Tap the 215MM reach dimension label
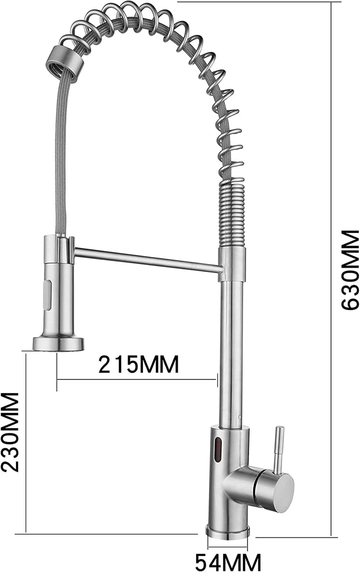tap(138, 364)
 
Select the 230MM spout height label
tap(10, 431)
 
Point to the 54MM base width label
tap(228, 562)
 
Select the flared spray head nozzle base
tap(58, 343)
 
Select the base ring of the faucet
tap(228, 531)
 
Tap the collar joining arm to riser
tap(232, 263)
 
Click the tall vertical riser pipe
tap(231, 350)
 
